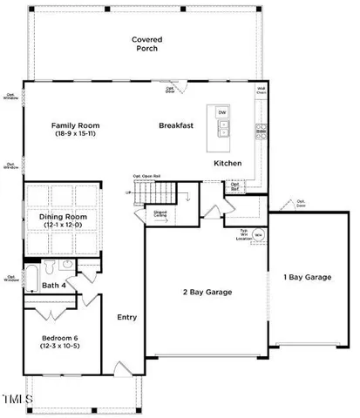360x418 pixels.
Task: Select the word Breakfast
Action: [x=175, y=125]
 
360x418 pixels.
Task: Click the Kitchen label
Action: [x=229, y=163]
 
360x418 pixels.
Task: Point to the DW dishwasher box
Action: [x=222, y=113]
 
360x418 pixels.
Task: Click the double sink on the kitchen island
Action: [x=222, y=131]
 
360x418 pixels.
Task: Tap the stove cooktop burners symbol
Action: [x=260, y=131]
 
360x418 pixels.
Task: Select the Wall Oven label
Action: [x=261, y=90]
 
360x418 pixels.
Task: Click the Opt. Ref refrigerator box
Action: [x=235, y=185]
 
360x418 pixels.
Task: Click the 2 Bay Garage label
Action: [x=207, y=292]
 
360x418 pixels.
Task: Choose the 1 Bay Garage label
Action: [x=308, y=276]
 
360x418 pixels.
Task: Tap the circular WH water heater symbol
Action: [x=259, y=235]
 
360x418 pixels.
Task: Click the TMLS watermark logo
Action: [x=17, y=400]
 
